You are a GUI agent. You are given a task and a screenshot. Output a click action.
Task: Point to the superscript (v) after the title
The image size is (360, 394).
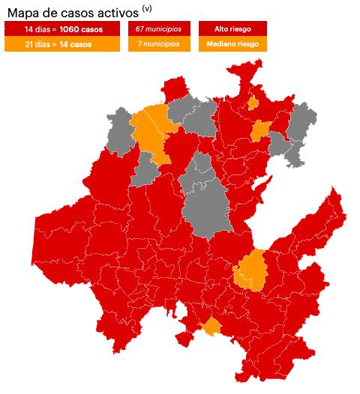(146, 8)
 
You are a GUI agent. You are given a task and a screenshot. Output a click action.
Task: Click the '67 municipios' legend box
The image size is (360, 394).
(158, 28)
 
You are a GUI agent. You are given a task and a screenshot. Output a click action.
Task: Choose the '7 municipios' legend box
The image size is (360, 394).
(158, 44)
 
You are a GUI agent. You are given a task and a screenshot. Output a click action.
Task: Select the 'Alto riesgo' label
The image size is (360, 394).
(232, 28)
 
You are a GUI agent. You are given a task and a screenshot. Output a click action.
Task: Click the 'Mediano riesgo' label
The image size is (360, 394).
(232, 44)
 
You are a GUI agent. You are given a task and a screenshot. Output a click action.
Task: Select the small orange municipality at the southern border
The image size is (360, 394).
(211, 327)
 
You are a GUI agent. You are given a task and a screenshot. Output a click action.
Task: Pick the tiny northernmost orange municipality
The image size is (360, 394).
(253, 103)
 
